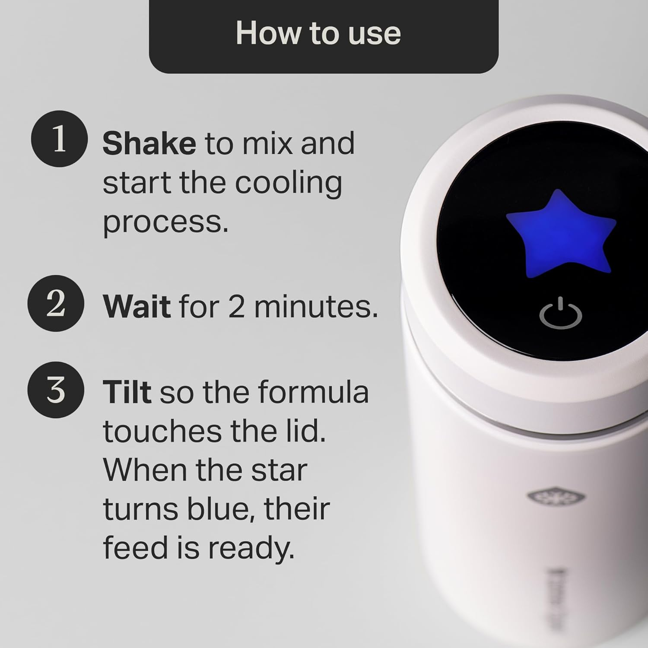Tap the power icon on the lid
tap(560, 313)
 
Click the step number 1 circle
tap(59, 139)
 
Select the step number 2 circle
tap(56, 303)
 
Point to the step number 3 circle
tap(56, 390)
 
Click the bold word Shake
tap(149, 143)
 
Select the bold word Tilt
tap(127, 392)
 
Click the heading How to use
tap(318, 33)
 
